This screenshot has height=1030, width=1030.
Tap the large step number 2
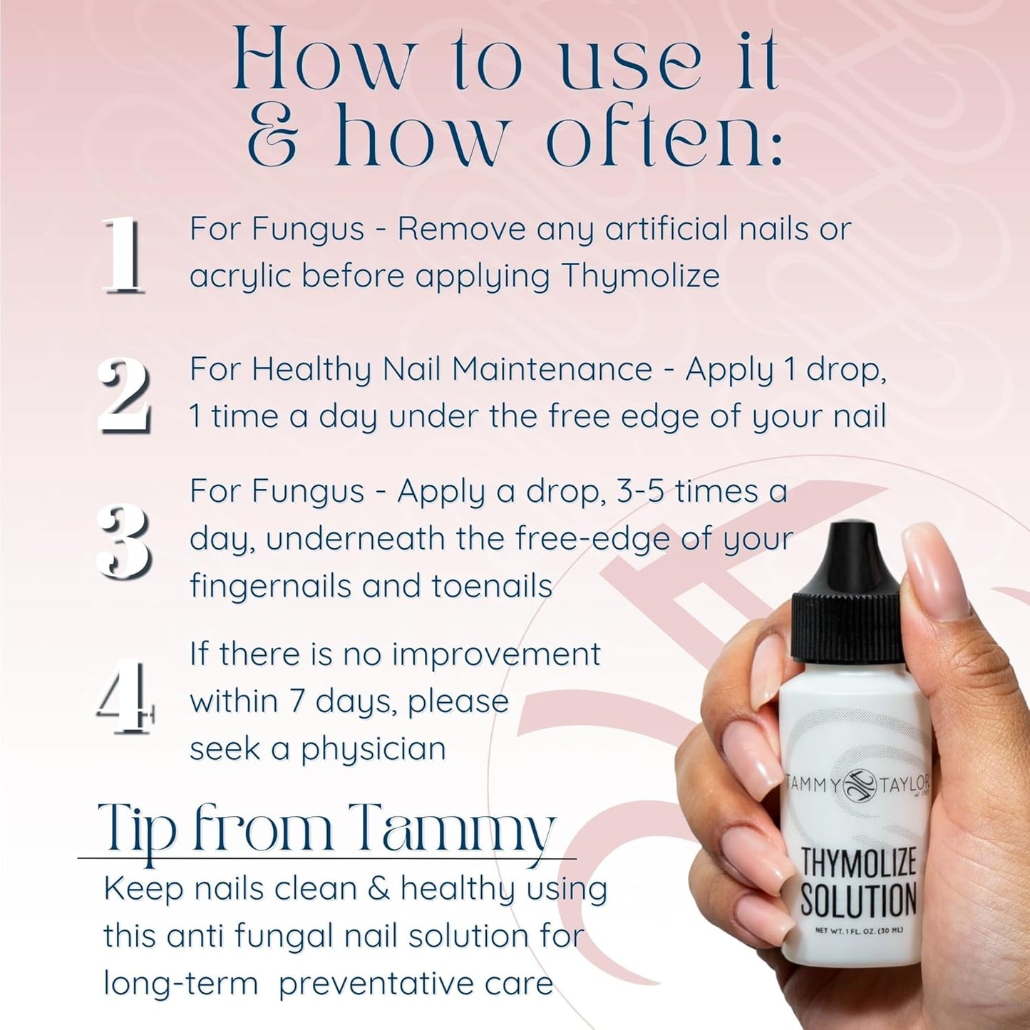click(x=125, y=395)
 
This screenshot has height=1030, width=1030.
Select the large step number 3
click(x=125, y=539)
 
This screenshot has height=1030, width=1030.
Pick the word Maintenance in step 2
click(x=552, y=369)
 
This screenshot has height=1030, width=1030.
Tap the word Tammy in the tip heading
click(x=455, y=830)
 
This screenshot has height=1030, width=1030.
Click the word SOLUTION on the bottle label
click(x=858, y=900)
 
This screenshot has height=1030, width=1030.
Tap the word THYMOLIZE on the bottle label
click(x=858, y=862)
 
